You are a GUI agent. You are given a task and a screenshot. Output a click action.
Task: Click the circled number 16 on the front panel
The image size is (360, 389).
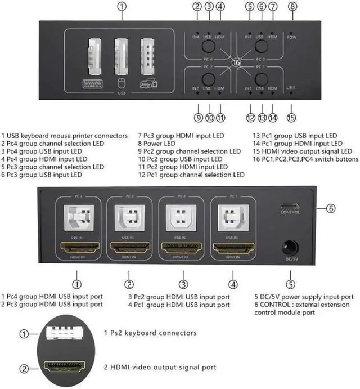[236, 64]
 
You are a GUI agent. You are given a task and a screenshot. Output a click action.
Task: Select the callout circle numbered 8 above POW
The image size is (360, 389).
[292, 7]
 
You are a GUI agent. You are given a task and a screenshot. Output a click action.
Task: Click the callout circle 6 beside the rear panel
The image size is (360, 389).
[331, 208]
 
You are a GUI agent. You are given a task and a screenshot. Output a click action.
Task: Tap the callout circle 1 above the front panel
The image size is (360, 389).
[123, 7]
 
